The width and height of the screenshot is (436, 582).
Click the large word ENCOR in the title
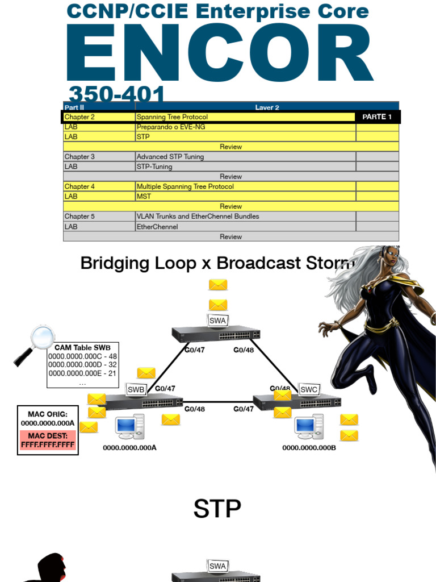tap(220, 55)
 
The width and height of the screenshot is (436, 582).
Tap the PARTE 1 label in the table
tap(377, 117)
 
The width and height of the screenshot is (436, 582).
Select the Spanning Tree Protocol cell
tap(173, 117)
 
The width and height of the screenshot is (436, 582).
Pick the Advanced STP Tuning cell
tap(170, 157)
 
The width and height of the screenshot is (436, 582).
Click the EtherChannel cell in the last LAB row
tap(157, 227)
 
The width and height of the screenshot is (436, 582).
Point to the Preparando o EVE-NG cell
tap(171, 127)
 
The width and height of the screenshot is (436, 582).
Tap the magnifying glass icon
tap(35, 343)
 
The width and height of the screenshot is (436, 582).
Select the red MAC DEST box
tap(48, 440)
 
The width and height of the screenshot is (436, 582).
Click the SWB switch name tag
tap(136, 389)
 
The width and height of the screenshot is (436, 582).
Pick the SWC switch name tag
tap(309, 389)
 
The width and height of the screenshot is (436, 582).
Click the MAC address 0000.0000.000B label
tap(309, 448)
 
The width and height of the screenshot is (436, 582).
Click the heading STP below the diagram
tap(217, 509)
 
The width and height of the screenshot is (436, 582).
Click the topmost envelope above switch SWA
tap(218, 285)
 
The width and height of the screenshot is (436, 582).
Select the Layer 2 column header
tap(267, 107)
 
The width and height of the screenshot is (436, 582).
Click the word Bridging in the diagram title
tap(118, 263)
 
